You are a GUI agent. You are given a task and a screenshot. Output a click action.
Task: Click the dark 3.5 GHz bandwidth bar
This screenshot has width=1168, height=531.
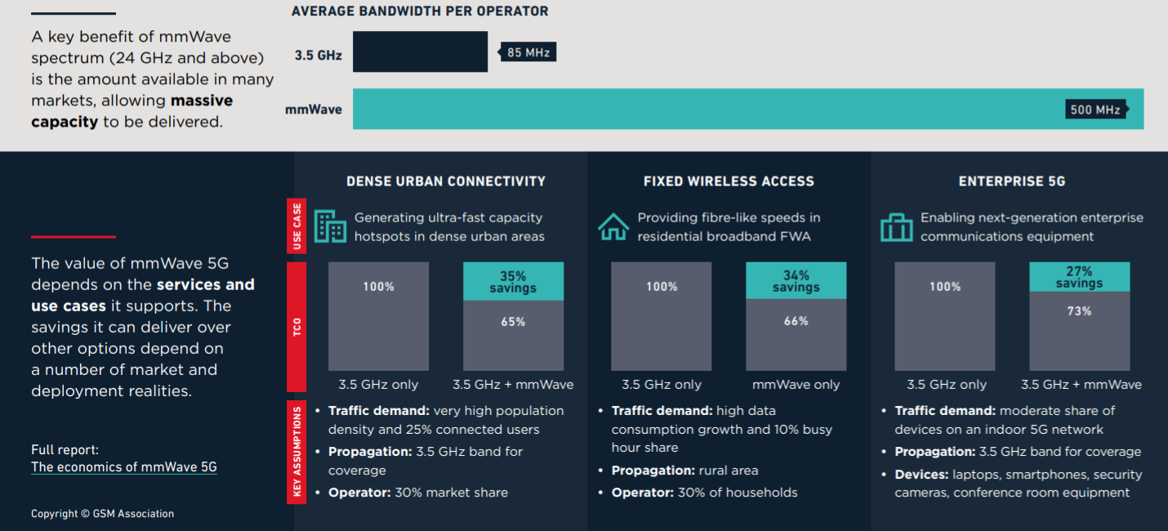tap(421, 51)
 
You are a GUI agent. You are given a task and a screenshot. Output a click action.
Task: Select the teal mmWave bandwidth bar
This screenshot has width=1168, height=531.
tap(748, 109)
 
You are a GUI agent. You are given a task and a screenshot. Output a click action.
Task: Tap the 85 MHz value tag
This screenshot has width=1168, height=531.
tap(527, 52)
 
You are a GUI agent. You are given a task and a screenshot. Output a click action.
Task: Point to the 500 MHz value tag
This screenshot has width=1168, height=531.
tap(1097, 109)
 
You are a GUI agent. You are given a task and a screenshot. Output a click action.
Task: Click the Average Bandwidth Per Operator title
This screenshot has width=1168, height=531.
tap(420, 11)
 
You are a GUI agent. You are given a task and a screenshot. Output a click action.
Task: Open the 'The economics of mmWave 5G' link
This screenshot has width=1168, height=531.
tap(124, 466)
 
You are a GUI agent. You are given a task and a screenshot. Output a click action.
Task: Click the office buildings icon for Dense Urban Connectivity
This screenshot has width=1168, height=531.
tap(330, 226)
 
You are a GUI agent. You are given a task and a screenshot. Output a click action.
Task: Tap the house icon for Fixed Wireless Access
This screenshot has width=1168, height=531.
tap(613, 227)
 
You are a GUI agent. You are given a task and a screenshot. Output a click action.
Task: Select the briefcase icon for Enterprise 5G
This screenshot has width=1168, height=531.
tap(896, 227)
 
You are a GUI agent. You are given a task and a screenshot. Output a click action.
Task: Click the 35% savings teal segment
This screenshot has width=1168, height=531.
tap(513, 281)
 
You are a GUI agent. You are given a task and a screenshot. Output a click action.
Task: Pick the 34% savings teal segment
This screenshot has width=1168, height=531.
tap(796, 281)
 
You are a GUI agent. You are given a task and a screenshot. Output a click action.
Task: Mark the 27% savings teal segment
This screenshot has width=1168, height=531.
tap(1079, 277)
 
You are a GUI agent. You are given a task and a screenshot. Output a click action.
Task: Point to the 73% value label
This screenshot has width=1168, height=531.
tap(1079, 311)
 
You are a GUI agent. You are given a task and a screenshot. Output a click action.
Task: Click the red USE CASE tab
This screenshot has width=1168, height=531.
tap(296, 225)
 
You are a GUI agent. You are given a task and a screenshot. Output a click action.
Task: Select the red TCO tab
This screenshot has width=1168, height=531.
tap(296, 327)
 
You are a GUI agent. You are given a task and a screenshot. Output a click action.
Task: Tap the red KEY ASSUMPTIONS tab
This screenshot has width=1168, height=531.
tap(296, 452)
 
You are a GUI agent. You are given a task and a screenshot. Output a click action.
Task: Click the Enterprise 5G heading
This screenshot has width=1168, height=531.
tap(1012, 181)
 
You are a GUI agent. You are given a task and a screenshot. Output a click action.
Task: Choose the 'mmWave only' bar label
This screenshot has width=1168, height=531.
tap(796, 385)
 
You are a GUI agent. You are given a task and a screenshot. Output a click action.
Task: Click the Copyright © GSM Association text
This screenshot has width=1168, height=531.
tap(102, 514)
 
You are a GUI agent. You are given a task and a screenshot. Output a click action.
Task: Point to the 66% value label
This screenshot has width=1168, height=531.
tap(796, 321)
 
